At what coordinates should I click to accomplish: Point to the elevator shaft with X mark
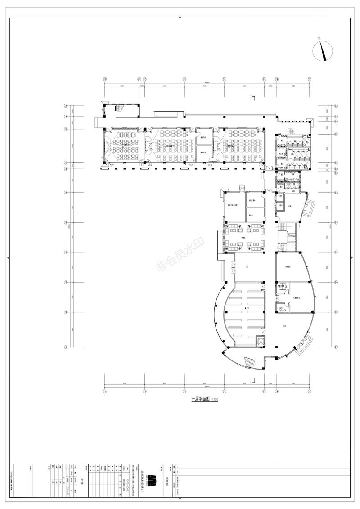point(261,341)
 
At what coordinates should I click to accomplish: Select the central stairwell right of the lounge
point(285,237)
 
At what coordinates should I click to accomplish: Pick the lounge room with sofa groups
point(245,237)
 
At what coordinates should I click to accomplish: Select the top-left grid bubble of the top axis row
point(105,78)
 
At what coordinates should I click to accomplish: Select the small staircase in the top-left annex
point(120,108)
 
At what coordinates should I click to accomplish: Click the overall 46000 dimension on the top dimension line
point(207,82)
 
